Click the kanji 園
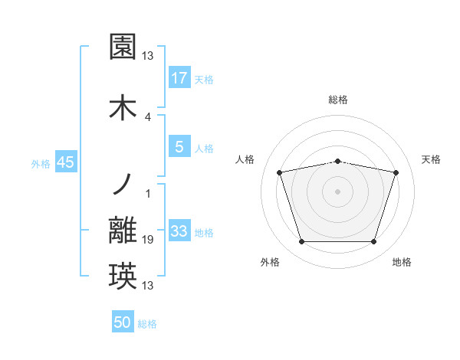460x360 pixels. tap(123, 47)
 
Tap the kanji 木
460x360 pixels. tap(123, 107)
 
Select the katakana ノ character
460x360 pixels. tap(123, 185)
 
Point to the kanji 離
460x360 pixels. tap(123, 231)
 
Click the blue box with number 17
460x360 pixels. tap(179, 77)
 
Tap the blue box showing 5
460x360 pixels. tap(179, 147)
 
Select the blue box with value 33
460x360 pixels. tap(179, 231)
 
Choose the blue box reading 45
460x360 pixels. tap(65, 163)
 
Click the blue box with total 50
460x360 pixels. tap(123, 322)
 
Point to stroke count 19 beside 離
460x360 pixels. tap(149, 240)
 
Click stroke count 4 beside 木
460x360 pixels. tap(148, 116)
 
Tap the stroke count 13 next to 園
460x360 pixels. tap(149, 56)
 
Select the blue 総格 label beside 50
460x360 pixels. tap(147, 324)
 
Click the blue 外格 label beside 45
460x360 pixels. tap(41, 164)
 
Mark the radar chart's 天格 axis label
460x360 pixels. tap(432, 159)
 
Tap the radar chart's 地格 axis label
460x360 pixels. tap(402, 262)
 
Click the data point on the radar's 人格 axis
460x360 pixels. tap(280, 172)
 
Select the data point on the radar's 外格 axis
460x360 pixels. tap(302, 242)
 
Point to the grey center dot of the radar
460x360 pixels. tap(337, 191)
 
